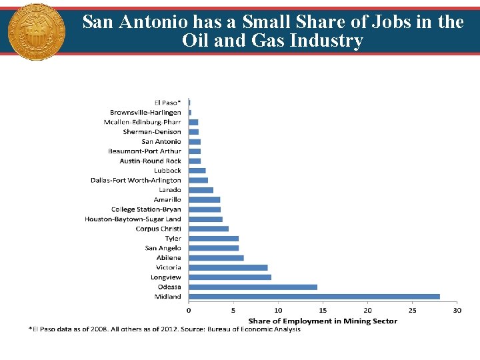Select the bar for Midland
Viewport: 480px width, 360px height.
(x=314, y=297)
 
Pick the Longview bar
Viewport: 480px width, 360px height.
(x=230, y=277)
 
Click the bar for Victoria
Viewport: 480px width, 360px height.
(x=228, y=267)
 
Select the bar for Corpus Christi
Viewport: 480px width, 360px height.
(x=209, y=229)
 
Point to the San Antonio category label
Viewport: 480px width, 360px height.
(x=161, y=141)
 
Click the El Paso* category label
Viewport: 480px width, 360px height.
(x=167, y=103)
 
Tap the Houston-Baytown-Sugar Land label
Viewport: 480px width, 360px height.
(x=133, y=219)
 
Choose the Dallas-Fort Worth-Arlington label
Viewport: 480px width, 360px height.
(x=136, y=180)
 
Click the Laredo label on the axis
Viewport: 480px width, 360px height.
(x=169, y=190)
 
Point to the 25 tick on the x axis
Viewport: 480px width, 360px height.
(x=412, y=310)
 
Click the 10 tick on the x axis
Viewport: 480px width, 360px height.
(x=278, y=310)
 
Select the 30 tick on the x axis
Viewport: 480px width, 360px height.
(x=457, y=310)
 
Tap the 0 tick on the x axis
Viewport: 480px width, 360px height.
(x=189, y=310)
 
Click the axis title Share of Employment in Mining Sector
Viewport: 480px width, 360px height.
(x=323, y=321)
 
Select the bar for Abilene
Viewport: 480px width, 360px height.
(x=216, y=258)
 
